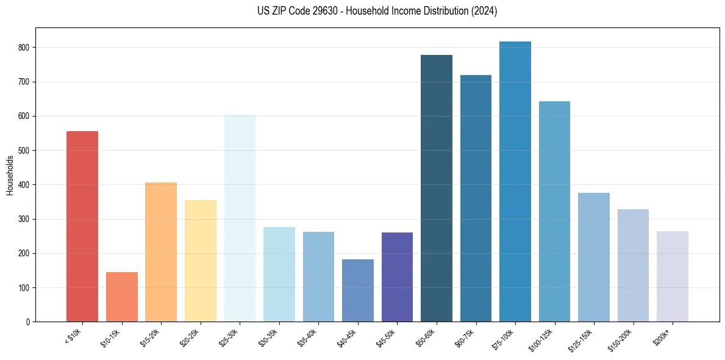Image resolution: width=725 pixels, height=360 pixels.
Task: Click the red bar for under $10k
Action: click(82, 226)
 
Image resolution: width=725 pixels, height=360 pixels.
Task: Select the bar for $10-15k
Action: click(121, 297)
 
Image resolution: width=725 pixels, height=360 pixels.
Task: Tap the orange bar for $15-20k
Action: click(161, 252)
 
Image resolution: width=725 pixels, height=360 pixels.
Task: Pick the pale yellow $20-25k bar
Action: click(201, 261)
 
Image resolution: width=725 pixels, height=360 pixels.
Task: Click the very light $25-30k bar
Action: click(240, 218)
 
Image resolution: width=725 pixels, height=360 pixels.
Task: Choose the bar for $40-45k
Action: click(358, 290)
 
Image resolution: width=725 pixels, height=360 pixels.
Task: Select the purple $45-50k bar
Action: click(397, 277)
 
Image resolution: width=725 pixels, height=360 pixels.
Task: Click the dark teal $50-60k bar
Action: click(437, 188)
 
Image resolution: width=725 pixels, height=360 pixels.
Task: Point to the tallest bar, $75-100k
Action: click(515, 181)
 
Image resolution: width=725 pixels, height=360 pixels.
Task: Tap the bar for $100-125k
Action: click(554, 211)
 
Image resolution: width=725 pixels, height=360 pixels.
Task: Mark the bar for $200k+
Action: click(673, 276)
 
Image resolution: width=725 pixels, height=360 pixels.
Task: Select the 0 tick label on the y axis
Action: click(29, 322)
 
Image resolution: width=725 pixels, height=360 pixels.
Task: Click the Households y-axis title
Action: click(10, 175)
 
